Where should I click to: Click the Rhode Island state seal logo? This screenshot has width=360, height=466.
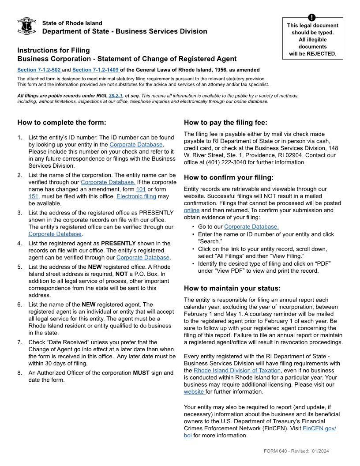coord(26,26)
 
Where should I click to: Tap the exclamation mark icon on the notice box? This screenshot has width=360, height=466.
coord(312,18)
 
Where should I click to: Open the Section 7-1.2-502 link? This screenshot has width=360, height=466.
coord(39,70)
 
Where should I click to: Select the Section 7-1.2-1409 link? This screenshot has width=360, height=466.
coord(96,70)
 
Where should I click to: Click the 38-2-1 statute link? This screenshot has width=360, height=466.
coord(116,95)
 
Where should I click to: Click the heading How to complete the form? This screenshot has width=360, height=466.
coord(61,123)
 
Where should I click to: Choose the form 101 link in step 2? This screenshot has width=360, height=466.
coord(141,189)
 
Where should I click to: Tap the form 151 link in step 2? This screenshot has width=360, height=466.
coord(33,196)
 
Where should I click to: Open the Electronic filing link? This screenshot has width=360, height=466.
coord(136,196)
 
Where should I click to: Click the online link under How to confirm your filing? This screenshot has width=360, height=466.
coord(191,210)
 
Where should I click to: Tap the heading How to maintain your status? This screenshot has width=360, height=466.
coord(232,288)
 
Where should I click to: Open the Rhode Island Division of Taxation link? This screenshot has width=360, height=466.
coord(237,370)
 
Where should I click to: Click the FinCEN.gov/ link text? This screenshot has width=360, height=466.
coord(319,428)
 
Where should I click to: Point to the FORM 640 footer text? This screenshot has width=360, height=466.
coord(276,451)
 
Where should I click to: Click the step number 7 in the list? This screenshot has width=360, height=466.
coord(19,342)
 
